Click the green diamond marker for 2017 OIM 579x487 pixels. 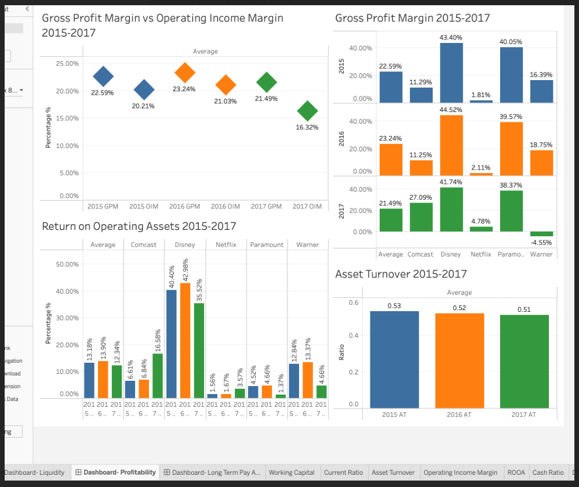pos(307,110)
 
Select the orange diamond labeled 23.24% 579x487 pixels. pos(184,73)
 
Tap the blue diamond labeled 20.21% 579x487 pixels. pos(144,90)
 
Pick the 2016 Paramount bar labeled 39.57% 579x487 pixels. pos(511,149)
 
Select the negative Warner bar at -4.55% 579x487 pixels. pos(541,234)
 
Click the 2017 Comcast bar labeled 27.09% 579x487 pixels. pos(421,217)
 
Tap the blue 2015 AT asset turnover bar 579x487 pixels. pos(394,359)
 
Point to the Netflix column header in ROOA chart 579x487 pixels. pos(226,245)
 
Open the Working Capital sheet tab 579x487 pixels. pos(292,472)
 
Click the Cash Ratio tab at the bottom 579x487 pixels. pos(548,472)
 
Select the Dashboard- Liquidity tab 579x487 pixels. pos(35,472)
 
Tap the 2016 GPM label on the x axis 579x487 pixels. pos(184,207)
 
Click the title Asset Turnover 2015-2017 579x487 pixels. pos(400,274)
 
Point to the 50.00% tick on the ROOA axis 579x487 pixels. pos(67,265)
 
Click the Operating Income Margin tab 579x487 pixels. pos(460,472)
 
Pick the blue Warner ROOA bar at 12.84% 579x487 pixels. pos(294,381)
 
